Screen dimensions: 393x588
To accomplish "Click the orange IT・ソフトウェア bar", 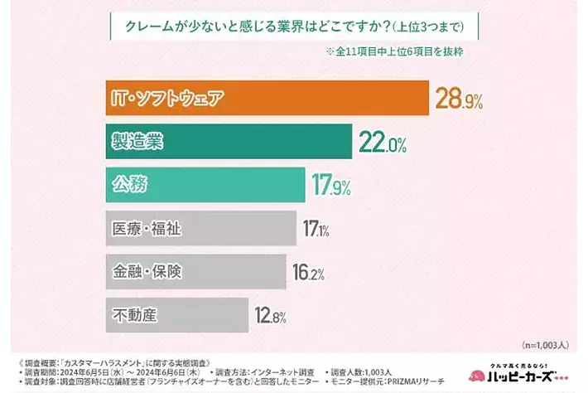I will pos(265,99).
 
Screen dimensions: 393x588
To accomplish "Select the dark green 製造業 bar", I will pos(229,143).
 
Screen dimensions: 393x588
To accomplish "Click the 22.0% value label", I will pos(383,143).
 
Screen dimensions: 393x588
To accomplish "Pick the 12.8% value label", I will pos(272,316).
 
